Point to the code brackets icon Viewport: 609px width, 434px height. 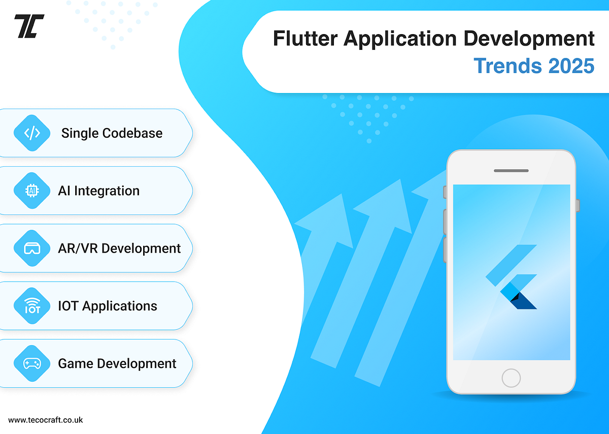(x=32, y=133)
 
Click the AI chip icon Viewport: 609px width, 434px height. (x=32, y=191)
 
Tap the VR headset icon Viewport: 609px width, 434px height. (x=32, y=249)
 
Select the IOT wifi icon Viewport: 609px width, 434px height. (x=32, y=306)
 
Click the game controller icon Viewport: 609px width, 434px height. (x=32, y=364)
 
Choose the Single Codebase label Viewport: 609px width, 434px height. (x=112, y=133)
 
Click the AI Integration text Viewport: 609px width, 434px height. (x=99, y=191)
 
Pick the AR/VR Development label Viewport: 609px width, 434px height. (x=119, y=249)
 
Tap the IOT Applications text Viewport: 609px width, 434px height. (x=108, y=306)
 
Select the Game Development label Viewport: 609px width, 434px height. (x=117, y=364)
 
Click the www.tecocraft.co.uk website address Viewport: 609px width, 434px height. (x=46, y=420)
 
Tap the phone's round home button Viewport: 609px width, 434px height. (x=511, y=378)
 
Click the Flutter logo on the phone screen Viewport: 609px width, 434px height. (x=512, y=277)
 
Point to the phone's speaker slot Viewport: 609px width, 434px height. (x=511, y=171)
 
